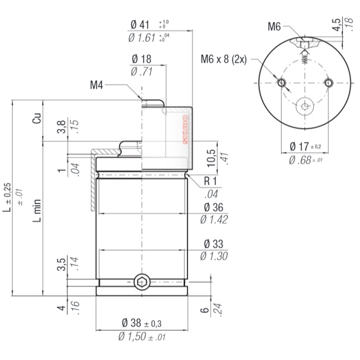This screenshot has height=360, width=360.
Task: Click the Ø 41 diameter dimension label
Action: click(x=140, y=25)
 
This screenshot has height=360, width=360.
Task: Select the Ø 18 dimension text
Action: click(x=141, y=59)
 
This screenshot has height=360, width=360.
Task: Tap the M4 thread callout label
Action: click(x=96, y=85)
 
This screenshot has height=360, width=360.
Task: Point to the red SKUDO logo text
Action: click(x=185, y=130)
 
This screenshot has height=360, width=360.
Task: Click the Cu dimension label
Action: click(x=37, y=118)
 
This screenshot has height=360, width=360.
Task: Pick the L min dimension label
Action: click(x=37, y=211)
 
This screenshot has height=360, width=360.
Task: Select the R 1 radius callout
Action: click(x=210, y=181)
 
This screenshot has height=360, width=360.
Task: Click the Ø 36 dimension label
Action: click(x=213, y=207)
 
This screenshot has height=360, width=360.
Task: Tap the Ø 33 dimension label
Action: click(x=213, y=244)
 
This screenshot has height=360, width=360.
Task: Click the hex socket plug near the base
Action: click(x=142, y=282)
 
